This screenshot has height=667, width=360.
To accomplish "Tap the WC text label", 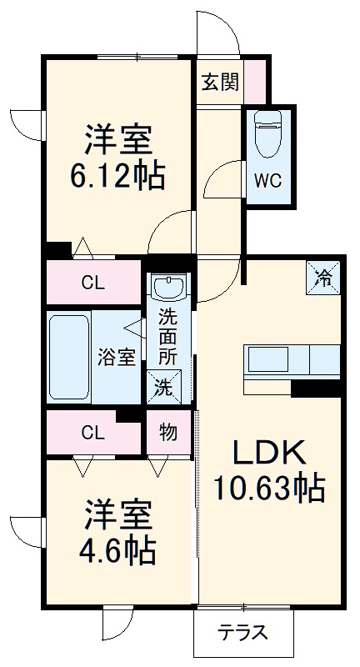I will point(268,179).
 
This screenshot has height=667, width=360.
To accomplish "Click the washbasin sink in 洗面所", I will point(168,288).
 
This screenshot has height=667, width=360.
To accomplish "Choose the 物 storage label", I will point(167,434).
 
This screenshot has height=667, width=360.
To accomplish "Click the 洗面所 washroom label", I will point(168,335).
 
